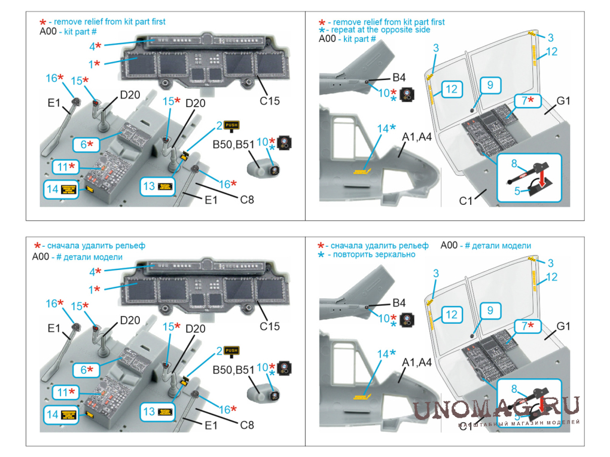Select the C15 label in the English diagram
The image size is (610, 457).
[x=269, y=102]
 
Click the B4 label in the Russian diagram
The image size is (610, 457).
[x=399, y=303]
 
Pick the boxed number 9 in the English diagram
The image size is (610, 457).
[x=490, y=85]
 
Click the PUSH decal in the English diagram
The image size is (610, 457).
[x=231, y=125]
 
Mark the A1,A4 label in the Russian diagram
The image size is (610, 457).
[x=417, y=362]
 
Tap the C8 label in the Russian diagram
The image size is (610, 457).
[x=246, y=425]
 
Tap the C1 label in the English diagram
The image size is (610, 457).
[x=466, y=201]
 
